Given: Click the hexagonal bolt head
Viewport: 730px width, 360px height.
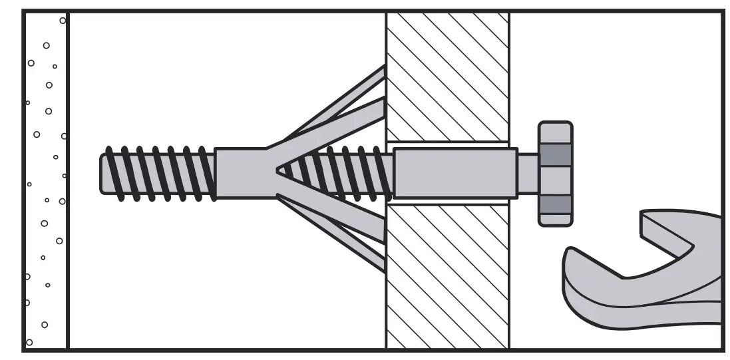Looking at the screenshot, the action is point(555,174).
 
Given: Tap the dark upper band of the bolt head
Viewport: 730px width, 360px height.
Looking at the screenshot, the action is point(555,154).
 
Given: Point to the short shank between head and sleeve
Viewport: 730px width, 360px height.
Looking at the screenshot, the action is point(528,173).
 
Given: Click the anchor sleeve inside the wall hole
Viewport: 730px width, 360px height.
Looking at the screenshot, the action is point(455,173).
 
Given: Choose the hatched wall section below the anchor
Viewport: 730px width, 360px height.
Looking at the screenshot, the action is point(447,276).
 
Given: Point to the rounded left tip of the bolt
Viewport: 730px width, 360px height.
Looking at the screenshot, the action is point(105,173).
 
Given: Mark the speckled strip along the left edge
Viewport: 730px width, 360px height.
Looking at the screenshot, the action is point(45,180).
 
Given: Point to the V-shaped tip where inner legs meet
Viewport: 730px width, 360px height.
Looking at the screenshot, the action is point(279,171).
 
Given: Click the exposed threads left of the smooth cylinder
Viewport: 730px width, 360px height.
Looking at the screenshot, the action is point(160,173).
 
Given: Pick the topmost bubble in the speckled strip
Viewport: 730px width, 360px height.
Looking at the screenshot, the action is point(63,21).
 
